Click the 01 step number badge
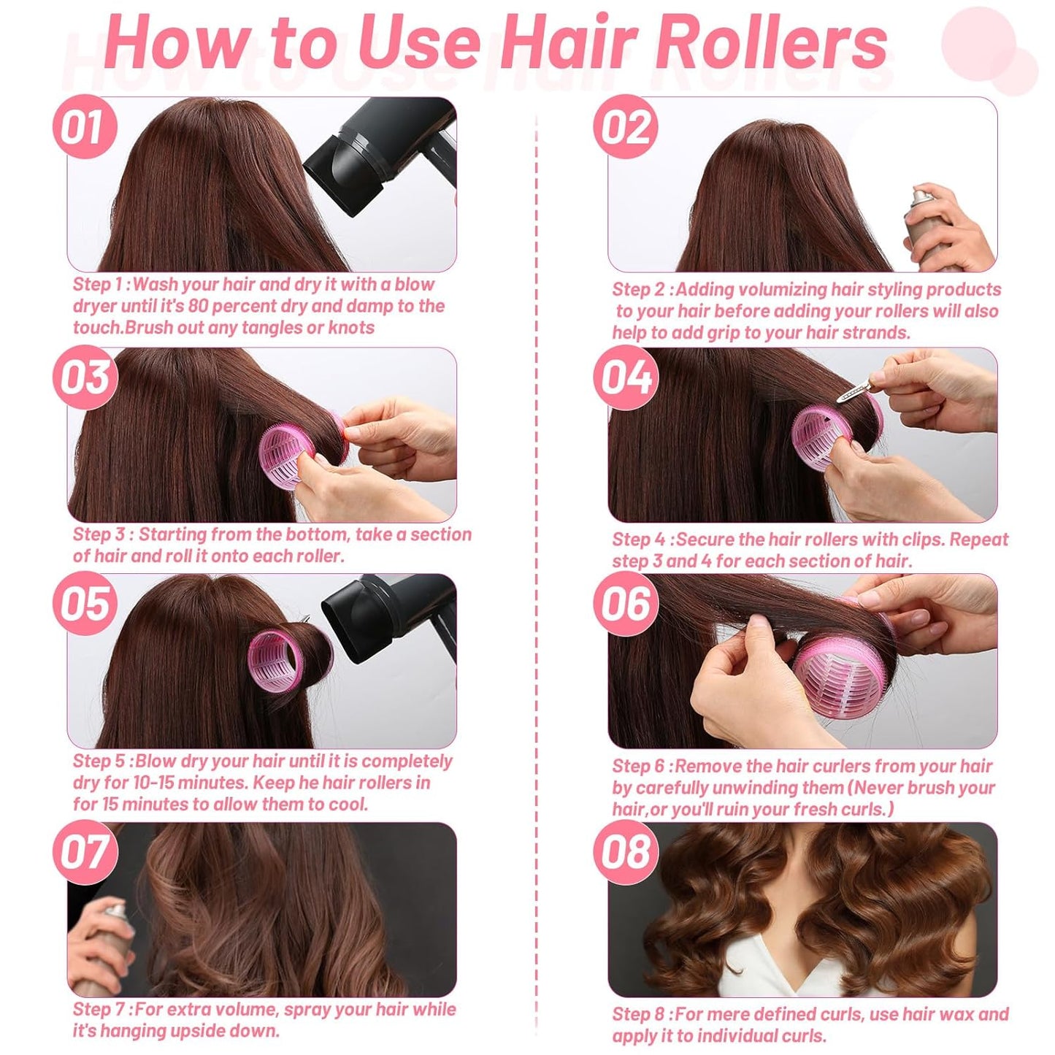point(84,127)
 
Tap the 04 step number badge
point(625,377)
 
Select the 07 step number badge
point(85,852)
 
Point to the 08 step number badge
point(625,852)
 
